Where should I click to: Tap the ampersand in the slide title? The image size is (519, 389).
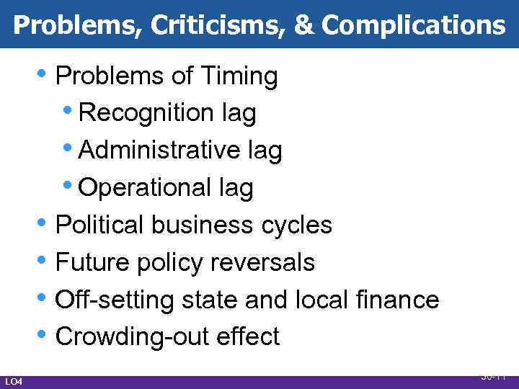point(303,26)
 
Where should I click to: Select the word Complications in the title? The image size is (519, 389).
point(413,26)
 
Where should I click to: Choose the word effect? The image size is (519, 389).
point(247,337)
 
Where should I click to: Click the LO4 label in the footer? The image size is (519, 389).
point(14,380)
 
